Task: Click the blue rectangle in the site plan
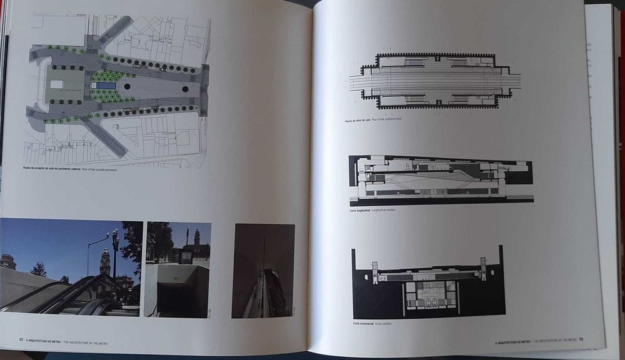(x=106, y=86)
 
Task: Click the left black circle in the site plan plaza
(x=127, y=87)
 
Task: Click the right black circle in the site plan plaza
(x=186, y=89)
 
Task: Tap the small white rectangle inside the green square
(x=57, y=84)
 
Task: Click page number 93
(x=581, y=340)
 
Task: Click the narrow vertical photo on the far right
(x=262, y=270)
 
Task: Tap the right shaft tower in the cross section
(x=483, y=266)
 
